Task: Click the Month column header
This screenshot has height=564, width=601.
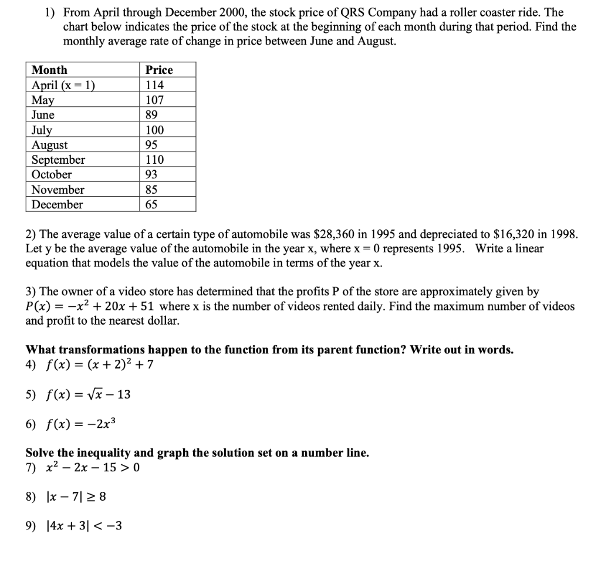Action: (49, 70)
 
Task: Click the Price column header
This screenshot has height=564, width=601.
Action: (159, 70)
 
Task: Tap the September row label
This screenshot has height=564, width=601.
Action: (58, 160)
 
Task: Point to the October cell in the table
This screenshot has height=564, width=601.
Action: (52, 174)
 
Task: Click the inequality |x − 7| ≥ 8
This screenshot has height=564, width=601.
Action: (76, 497)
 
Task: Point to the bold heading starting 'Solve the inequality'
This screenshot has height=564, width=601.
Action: (197, 452)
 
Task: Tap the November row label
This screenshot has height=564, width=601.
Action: (58, 190)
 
